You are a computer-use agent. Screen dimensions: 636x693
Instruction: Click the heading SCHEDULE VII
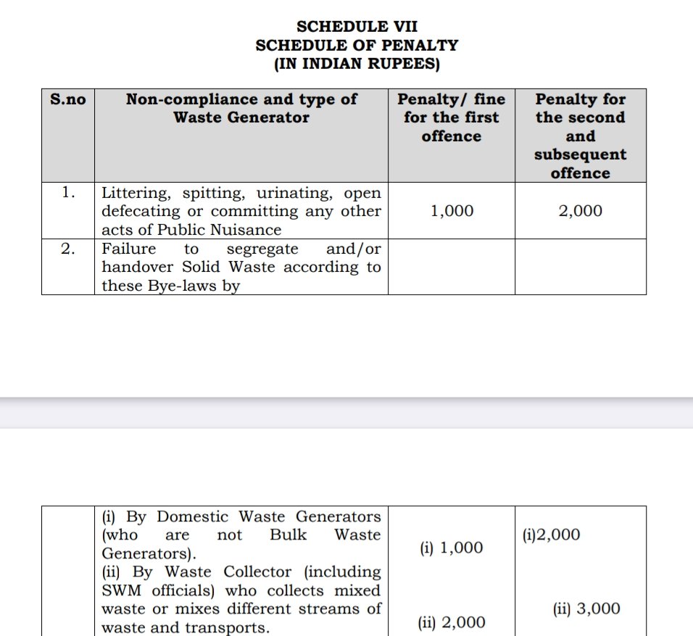pos(357,26)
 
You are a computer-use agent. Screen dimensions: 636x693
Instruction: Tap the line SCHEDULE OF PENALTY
pos(357,45)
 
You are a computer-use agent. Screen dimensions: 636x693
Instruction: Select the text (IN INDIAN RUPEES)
pos(357,64)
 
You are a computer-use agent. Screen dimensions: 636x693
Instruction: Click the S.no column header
pos(67,99)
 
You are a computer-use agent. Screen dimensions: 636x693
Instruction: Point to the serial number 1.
pos(68,193)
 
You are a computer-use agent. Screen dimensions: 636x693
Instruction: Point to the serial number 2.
pos(68,249)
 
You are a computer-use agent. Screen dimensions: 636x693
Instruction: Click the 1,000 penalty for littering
pos(451,211)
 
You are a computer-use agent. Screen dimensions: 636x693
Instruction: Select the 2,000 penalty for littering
pos(580,211)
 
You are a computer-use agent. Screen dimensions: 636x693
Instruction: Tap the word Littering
pos(130,193)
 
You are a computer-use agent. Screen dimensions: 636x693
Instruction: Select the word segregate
pos(262,249)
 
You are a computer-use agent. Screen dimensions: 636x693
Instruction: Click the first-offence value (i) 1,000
pos(451,548)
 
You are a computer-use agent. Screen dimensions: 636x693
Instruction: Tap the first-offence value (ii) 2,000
pos(451,622)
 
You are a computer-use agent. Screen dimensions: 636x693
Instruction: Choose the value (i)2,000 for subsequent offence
pos(551,535)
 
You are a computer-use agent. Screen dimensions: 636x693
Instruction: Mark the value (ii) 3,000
pos(586,609)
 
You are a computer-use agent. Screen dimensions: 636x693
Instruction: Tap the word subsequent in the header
pos(580,154)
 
